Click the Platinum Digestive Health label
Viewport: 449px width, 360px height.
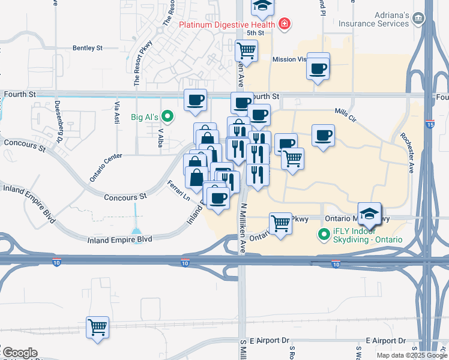pos(227,25)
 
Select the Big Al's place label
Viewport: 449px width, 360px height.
pos(143,116)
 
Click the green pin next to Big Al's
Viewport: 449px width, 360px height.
pos(168,116)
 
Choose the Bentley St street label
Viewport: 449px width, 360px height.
pos(88,47)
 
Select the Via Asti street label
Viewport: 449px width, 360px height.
pos(116,113)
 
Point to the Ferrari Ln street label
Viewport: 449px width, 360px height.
pos(178,191)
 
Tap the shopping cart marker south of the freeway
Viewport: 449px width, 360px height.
pos(97,328)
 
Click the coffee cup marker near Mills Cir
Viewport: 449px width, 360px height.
pos(323,136)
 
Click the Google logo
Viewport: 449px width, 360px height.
pos(20,353)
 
